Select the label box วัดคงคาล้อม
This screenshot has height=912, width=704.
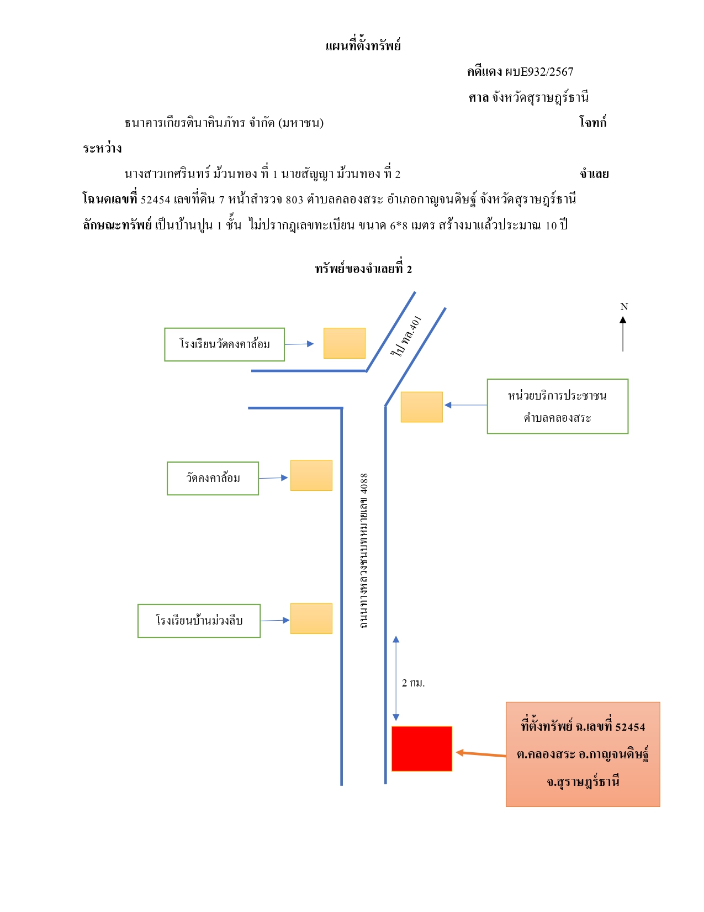213,478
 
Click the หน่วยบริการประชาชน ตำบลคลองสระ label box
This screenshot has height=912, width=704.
557,406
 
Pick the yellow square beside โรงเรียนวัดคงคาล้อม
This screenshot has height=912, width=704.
344,343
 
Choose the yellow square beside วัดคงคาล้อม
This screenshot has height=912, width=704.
311,475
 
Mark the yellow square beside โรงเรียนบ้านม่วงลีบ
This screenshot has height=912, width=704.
311,618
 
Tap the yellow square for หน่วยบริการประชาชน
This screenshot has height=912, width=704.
421,407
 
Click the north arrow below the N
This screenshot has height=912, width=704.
623,334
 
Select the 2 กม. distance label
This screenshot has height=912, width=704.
413,683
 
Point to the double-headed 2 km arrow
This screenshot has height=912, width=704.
396,678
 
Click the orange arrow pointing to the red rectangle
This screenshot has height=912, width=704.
480,754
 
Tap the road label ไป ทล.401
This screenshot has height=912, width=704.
405,337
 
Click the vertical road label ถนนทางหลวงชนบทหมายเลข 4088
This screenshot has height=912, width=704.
363,551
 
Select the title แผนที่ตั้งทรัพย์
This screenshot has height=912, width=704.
363,45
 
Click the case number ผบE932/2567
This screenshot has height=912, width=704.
539,72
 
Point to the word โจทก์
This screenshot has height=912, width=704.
592,122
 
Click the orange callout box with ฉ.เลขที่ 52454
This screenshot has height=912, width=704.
583,754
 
